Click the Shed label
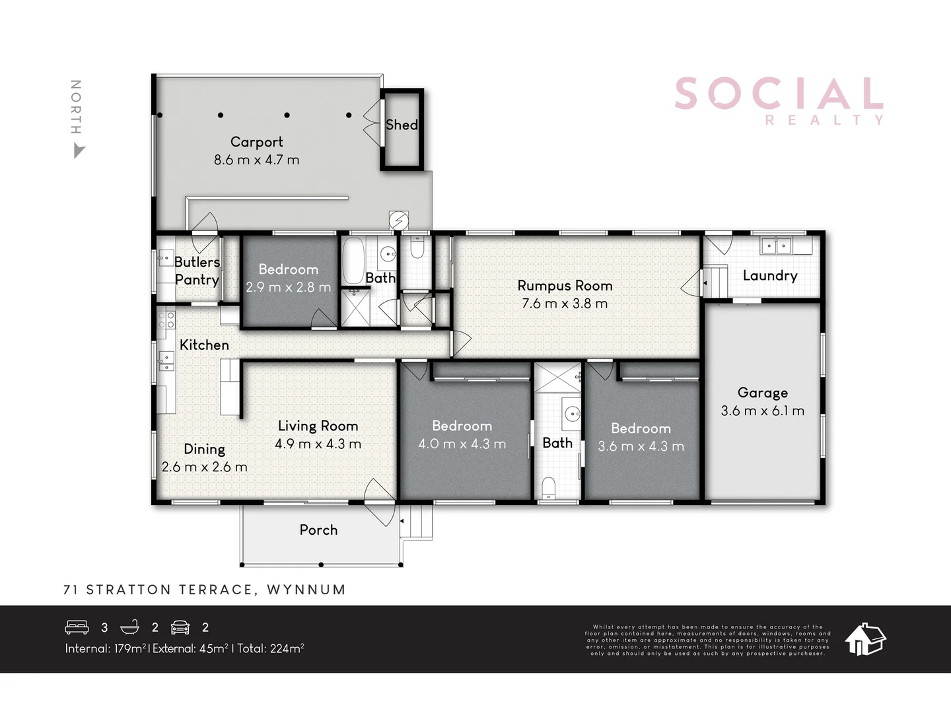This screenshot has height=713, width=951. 402,125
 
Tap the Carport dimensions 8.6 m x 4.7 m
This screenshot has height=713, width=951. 256,160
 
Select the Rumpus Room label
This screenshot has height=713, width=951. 565,286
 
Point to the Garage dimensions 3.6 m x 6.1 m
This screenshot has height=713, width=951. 762,411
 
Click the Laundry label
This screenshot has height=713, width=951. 770,275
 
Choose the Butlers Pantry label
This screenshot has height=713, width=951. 197,271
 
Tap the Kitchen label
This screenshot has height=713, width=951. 204,345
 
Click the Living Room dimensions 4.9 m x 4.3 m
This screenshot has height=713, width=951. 318,444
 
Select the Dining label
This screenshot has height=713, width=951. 204,449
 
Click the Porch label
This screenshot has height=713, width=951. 318,529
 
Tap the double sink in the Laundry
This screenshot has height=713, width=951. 776,246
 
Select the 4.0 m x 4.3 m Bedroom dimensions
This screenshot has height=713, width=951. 462,444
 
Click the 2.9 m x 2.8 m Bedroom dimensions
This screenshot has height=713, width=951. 288,287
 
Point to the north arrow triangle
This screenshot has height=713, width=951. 79,152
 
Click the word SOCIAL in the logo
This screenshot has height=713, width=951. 779,94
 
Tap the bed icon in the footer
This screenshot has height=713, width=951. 77,627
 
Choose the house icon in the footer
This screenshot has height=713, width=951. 865,639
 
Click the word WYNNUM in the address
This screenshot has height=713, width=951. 306,590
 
